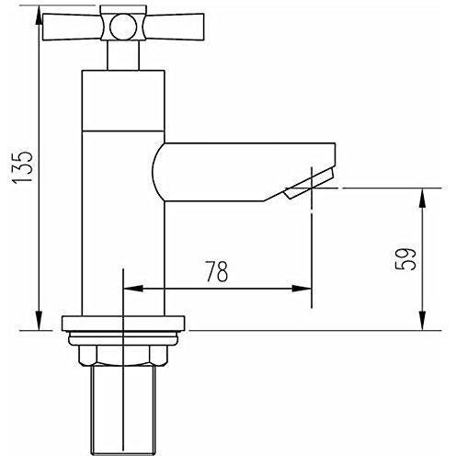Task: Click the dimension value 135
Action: point(22,167)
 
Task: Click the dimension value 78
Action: point(217,271)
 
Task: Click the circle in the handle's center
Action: point(123,27)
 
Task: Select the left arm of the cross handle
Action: point(73,27)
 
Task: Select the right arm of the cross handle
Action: point(174,27)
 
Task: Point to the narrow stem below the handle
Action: point(123,55)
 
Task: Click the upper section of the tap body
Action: point(123,101)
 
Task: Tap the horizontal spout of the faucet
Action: point(244,172)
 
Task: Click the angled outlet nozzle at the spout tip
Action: point(309,184)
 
